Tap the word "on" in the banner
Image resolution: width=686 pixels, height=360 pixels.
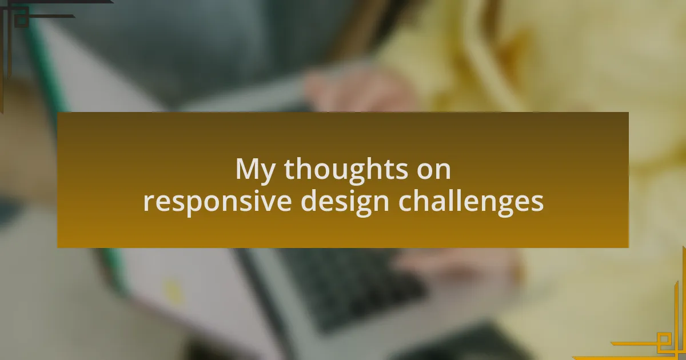[434, 170]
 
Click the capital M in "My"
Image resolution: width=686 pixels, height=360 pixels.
[248, 169]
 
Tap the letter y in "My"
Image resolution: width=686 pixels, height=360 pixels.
[269, 173]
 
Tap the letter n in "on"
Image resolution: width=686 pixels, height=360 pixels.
[442, 171]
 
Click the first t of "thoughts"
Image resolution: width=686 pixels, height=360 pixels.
[289, 170]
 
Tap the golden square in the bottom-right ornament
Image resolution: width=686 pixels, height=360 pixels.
[664, 341]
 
